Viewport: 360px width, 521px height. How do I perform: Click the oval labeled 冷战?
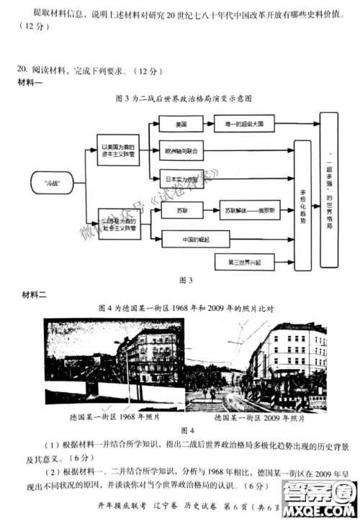[51, 184]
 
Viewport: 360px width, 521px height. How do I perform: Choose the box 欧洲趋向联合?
[181, 150]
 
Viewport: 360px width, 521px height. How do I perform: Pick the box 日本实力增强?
[181, 176]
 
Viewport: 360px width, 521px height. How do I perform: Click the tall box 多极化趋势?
[303, 210]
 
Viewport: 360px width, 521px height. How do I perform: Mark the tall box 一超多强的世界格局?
[328, 191]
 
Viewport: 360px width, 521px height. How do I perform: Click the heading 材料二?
[32, 295]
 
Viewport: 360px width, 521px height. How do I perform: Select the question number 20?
[22, 70]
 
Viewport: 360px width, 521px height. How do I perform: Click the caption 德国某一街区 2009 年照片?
[258, 417]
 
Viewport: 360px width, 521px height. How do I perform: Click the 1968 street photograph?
[113, 363]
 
